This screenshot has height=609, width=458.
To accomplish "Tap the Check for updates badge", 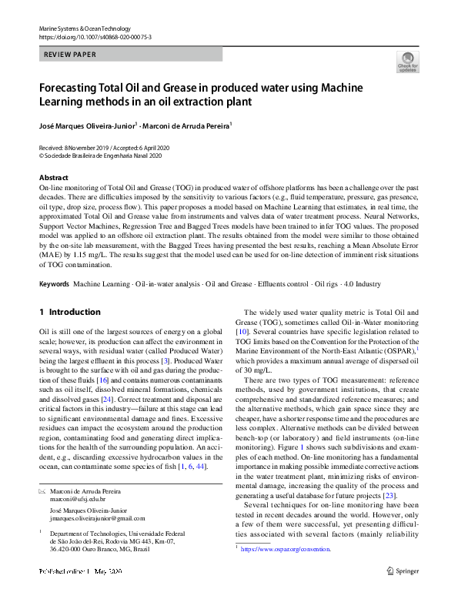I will [x=407, y=62].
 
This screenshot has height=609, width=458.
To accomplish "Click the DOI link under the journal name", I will [x=95, y=36].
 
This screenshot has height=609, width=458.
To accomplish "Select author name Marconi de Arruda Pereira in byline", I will [x=185, y=125].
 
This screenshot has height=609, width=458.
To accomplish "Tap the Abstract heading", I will [x=53, y=177].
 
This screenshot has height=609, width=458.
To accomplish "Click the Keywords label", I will [x=54, y=284].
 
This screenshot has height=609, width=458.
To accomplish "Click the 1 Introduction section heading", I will [x=69, y=312].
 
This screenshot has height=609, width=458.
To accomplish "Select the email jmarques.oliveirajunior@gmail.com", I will [x=97, y=519].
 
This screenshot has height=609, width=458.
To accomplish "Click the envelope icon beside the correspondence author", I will [x=42, y=490].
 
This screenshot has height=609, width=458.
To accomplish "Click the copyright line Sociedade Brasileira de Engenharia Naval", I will [x=103, y=155].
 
